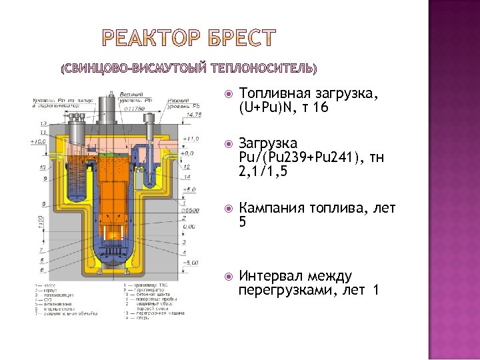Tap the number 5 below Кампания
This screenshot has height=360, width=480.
pos(243,222)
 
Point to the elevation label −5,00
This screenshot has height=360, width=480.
pos(191,262)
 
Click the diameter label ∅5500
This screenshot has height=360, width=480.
pos(191,210)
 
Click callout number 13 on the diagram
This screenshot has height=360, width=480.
pos(43,124)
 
